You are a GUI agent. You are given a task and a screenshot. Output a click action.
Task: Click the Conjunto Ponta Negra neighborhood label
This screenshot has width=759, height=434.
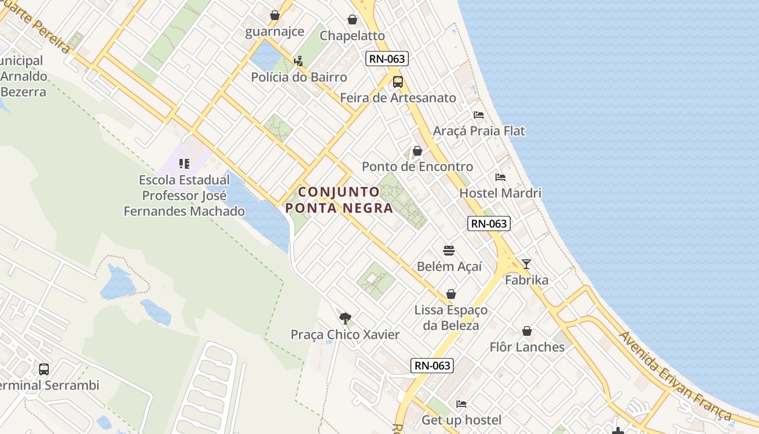[x=339, y=200]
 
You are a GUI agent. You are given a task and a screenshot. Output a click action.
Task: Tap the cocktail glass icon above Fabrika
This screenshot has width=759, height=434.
[x=526, y=264]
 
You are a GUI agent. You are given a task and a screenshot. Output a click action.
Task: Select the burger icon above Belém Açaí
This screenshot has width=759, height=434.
[x=449, y=251]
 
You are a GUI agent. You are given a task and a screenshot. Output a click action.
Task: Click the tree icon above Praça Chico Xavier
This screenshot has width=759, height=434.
[x=345, y=318]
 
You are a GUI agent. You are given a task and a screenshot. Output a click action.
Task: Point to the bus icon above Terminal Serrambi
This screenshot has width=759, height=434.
[x=44, y=369]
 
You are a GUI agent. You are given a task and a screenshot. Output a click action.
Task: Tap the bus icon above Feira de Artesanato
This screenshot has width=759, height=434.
[x=397, y=82]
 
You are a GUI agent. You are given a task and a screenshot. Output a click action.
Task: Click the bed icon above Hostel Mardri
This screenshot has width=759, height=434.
[x=500, y=177]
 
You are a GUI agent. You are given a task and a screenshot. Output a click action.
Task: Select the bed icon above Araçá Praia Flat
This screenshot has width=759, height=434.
[x=478, y=115]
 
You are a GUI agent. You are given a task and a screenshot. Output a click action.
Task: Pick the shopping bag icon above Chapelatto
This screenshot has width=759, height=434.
[x=352, y=20]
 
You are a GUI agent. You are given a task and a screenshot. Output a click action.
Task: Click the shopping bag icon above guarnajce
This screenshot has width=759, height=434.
[x=275, y=15]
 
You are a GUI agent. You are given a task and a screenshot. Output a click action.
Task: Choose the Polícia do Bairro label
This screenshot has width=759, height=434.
[x=299, y=77]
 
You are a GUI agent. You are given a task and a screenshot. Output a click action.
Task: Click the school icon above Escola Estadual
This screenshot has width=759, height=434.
[x=184, y=163]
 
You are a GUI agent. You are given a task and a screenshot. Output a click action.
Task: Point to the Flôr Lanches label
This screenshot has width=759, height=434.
[x=527, y=347]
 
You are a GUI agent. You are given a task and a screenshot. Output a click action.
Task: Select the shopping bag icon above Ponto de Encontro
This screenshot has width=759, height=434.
[x=417, y=151]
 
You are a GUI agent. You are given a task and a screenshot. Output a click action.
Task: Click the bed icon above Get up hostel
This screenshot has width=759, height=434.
[x=461, y=404]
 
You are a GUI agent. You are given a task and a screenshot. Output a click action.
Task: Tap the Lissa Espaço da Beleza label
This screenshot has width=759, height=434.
[x=451, y=317]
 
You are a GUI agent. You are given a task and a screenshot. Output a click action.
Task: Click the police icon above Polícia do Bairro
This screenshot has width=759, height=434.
[x=298, y=61]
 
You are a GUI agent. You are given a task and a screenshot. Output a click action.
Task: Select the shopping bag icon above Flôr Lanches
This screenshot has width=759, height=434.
[x=526, y=331]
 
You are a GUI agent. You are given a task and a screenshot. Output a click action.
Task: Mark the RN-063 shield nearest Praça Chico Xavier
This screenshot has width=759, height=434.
[x=432, y=365]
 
